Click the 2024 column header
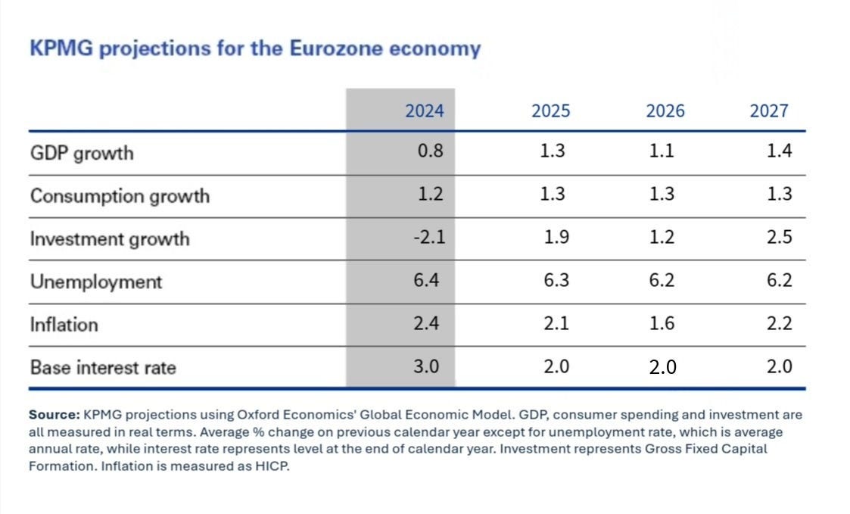[x=424, y=111]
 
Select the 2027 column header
[x=768, y=111]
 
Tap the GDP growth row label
[x=82, y=154]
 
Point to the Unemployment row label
[x=96, y=282]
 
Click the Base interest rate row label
[x=103, y=368]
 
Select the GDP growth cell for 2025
[x=552, y=151]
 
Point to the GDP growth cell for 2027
[x=779, y=151]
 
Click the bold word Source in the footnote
[x=54, y=415]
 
